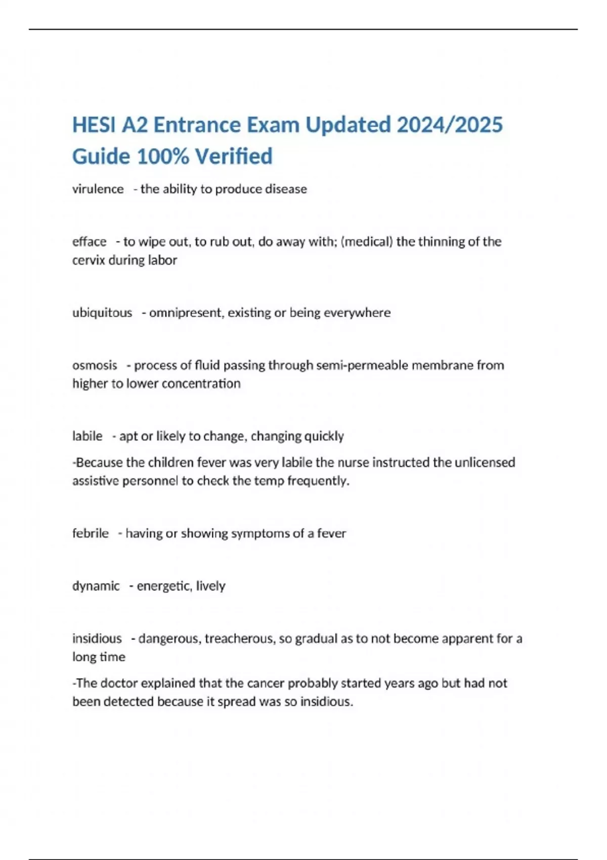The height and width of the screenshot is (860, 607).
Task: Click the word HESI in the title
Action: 94,125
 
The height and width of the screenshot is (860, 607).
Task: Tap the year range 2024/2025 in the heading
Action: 450,125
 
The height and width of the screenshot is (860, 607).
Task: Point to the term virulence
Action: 98,189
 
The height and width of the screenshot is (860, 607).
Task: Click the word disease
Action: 286,189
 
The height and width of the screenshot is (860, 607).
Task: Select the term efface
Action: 89,242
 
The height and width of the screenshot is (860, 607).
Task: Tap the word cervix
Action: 89,261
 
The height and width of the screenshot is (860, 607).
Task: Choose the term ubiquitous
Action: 102,313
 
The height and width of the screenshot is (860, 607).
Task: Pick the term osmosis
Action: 95,365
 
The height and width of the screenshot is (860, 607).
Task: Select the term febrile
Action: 91,533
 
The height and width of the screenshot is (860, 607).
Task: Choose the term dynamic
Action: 96,586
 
